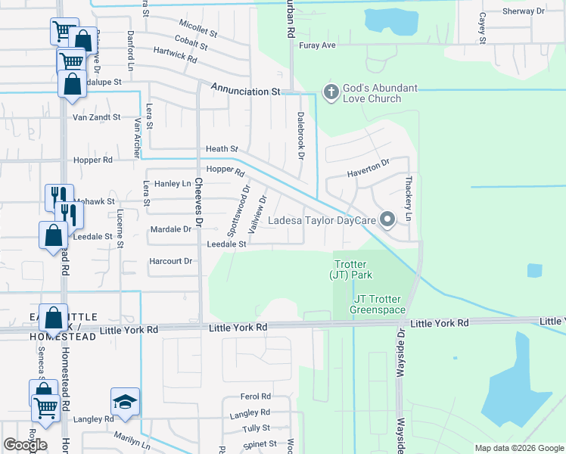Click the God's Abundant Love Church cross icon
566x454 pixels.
click(331, 92)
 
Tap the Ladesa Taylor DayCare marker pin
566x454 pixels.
click(387, 220)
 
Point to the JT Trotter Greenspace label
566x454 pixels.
click(378, 304)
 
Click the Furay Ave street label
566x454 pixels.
click(316, 45)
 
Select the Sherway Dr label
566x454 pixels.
click(523, 11)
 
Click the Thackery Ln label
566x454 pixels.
click(409, 198)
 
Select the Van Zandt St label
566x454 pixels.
click(96, 117)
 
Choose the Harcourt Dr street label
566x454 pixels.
click(172, 261)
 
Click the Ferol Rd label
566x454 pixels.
click(255, 396)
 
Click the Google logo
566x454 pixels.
click(25, 445)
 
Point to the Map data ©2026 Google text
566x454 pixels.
click(518, 448)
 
